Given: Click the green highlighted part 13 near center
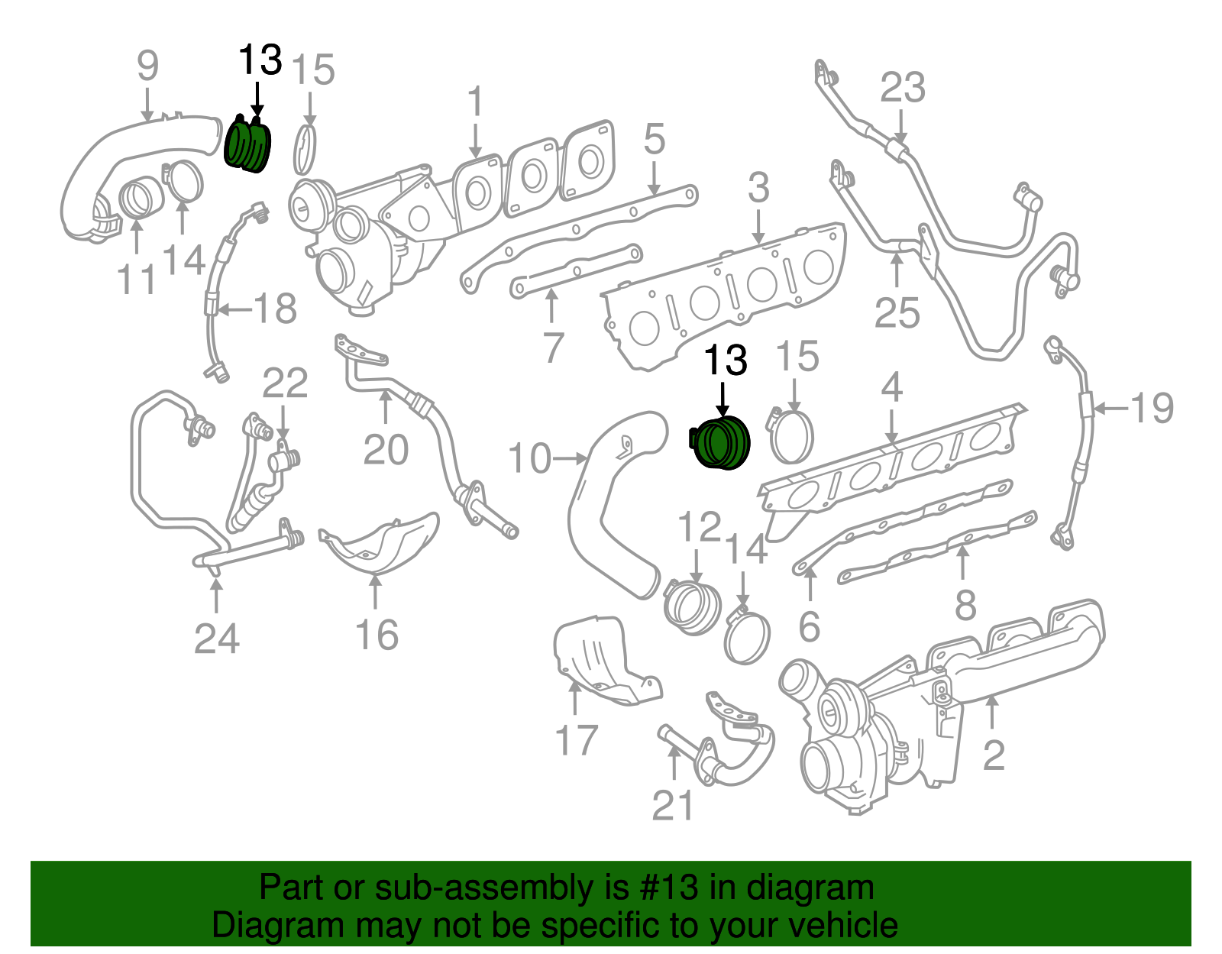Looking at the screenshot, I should pyautogui.click(x=721, y=445).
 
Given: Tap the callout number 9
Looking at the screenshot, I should pyautogui.click(x=147, y=66).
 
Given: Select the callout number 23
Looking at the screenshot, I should pyautogui.click(x=902, y=88).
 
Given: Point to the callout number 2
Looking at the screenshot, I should pyautogui.click(x=993, y=755).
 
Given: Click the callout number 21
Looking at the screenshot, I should pyautogui.click(x=673, y=806).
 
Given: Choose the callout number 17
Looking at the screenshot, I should pyautogui.click(x=576, y=740).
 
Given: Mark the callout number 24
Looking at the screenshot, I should pyautogui.click(x=216, y=639).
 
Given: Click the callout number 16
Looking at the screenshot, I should pyautogui.click(x=377, y=635).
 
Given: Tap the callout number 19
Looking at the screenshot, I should pyautogui.click(x=1151, y=408).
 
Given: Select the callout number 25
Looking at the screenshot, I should pyautogui.click(x=897, y=313).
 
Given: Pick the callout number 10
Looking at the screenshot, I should pyautogui.click(x=529, y=459).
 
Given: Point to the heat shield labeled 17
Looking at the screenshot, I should pyautogui.click(x=600, y=661).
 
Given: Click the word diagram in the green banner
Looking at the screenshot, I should pyautogui.click(x=810, y=888).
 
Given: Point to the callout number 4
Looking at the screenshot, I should pyautogui.click(x=891, y=388).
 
